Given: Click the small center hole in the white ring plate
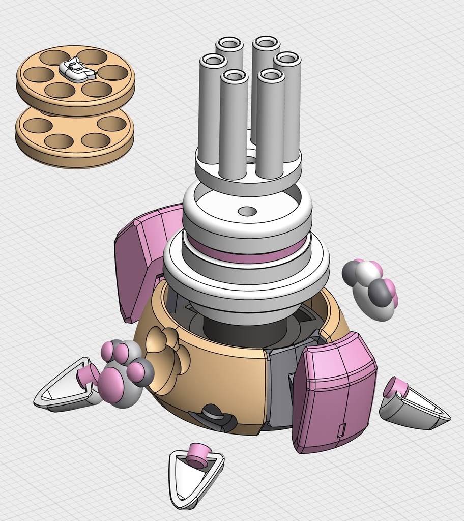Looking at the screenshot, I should tap(247, 211).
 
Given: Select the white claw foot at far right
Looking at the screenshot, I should tap(415, 407).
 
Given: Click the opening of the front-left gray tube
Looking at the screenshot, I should tap(234, 77).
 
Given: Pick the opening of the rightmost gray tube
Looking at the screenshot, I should tap(287, 59).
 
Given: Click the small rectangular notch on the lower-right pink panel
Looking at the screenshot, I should tap(341, 430).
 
